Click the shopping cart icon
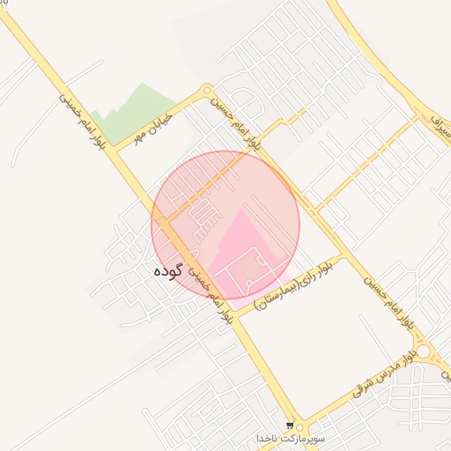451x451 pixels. click(x=291, y=425)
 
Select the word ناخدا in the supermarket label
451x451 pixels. click(x=268, y=438)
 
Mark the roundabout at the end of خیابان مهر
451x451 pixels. click(x=207, y=90)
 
